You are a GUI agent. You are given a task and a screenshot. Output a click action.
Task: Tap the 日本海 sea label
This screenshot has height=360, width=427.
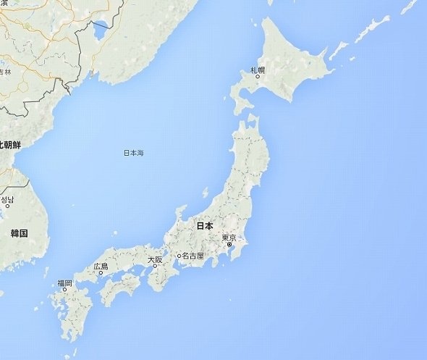[x=133, y=153]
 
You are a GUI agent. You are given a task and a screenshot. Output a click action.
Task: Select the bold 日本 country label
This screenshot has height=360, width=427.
[x=205, y=226]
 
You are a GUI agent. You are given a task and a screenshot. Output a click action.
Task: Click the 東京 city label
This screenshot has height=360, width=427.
[x=229, y=238]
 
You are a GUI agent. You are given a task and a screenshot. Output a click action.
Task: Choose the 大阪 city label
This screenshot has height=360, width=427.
[x=155, y=259]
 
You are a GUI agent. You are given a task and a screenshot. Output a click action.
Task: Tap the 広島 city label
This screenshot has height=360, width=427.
[x=101, y=267]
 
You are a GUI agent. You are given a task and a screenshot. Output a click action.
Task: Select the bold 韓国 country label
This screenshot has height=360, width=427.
[x=19, y=233]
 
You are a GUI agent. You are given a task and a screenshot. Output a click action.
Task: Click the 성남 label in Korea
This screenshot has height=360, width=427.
[x=7, y=199]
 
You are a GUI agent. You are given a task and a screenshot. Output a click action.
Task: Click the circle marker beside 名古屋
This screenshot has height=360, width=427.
[x=179, y=256]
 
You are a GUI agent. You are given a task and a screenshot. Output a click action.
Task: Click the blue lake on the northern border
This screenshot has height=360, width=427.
[x=101, y=30]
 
